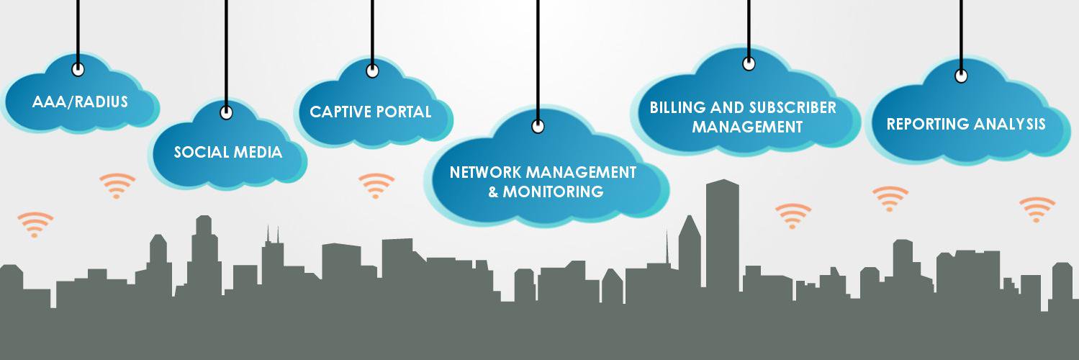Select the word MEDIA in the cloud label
258,153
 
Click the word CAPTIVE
340,112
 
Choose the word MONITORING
553,192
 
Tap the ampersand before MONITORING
493,192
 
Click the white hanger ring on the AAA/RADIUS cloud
78,69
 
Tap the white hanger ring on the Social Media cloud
227,112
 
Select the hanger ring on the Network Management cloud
538,126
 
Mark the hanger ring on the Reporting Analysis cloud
962,76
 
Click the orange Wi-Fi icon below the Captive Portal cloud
376,186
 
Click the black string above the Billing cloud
749,29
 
